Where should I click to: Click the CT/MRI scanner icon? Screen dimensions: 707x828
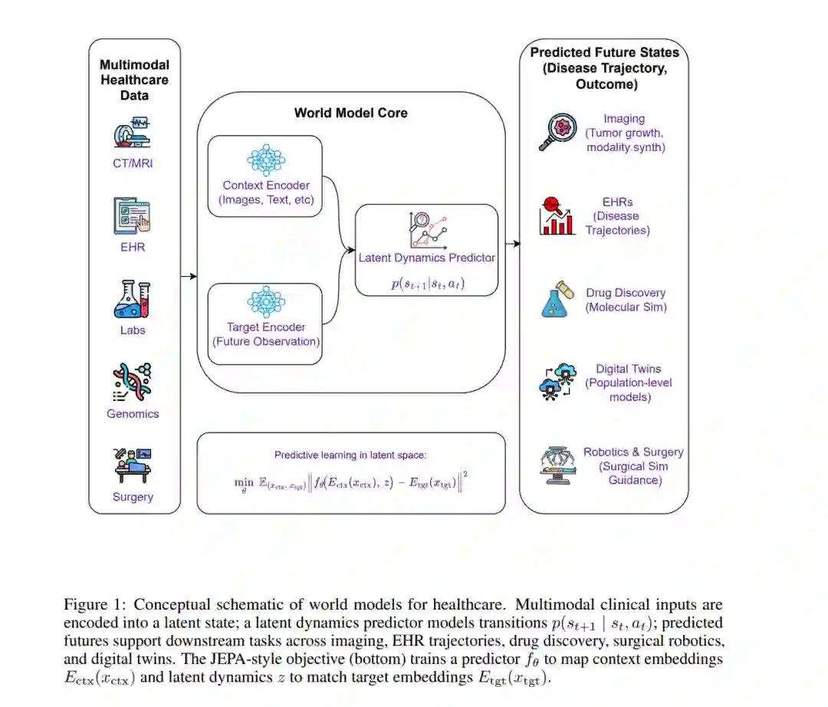(x=133, y=131)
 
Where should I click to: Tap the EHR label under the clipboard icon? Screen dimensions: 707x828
(x=133, y=247)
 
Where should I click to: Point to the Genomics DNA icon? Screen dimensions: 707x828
(x=133, y=383)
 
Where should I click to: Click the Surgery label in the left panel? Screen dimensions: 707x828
(x=133, y=497)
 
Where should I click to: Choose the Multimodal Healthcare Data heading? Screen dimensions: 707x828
(x=134, y=80)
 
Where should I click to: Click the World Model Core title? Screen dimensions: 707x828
(x=350, y=113)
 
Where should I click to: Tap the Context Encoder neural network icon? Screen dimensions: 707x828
(x=265, y=159)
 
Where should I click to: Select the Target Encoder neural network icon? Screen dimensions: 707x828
(x=265, y=301)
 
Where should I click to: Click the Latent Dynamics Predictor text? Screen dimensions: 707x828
(x=427, y=258)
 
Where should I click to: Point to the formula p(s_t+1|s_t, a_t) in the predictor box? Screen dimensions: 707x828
(x=427, y=283)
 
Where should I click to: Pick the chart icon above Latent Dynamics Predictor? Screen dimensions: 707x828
(x=426, y=229)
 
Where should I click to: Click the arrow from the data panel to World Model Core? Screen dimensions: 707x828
(x=189, y=276)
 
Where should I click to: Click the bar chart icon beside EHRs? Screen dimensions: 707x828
(x=557, y=215)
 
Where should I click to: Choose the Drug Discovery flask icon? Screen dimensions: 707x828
(x=557, y=299)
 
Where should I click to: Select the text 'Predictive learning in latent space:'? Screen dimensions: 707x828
(x=350, y=455)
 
